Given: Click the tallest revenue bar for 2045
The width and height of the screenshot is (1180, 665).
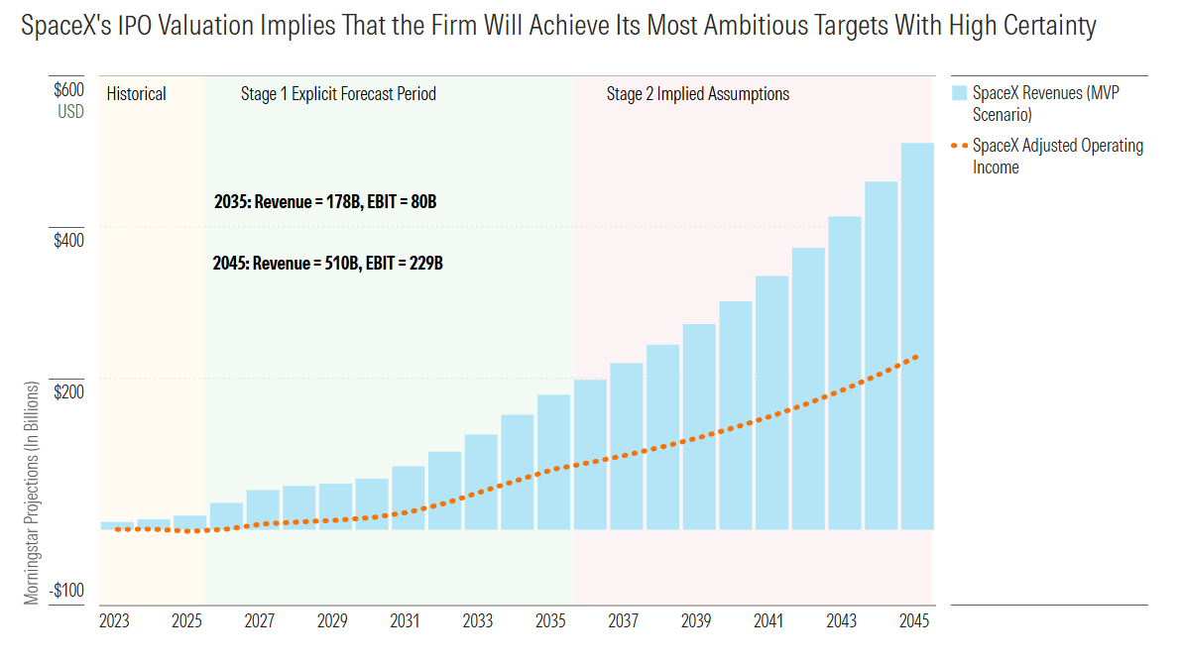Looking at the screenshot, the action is pos(916,336).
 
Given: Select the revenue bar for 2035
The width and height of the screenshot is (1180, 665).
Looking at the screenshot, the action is pos(553,462).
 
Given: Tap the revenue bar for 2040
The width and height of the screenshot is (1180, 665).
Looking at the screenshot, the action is pos(735,415).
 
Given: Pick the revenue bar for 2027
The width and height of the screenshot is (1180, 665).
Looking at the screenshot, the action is pos(263,510).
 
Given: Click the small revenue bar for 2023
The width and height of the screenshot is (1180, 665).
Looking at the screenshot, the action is pos(117,526).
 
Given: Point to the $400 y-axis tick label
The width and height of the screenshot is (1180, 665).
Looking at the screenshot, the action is pos(68,241).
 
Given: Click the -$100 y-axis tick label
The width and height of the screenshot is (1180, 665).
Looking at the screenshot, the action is pos(67,591).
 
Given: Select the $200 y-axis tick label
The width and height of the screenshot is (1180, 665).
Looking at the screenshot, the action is pos(68,391).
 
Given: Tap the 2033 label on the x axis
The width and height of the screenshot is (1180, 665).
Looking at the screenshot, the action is pos(478,620).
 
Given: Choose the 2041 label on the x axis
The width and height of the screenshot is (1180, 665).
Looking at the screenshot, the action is pos(768,620).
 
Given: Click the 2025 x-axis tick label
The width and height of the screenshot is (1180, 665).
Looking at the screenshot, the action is pos(186,620).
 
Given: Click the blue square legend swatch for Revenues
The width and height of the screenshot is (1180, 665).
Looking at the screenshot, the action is pos(959,92).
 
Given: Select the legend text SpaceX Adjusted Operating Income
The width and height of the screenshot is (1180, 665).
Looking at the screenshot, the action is pos(1057,157).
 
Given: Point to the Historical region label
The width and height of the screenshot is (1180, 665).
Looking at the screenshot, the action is pos(136,94).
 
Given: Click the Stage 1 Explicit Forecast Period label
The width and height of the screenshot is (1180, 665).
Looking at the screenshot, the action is pos(339,94).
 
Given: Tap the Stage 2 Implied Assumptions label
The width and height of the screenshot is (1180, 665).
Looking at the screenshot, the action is pos(698,94).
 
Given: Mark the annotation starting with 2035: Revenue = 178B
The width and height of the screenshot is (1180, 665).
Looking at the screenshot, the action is pos(325,201).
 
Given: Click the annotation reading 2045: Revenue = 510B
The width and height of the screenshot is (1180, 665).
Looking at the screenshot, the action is pos(327,264).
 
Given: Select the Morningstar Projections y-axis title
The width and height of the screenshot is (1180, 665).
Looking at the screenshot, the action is pos(31,493).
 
